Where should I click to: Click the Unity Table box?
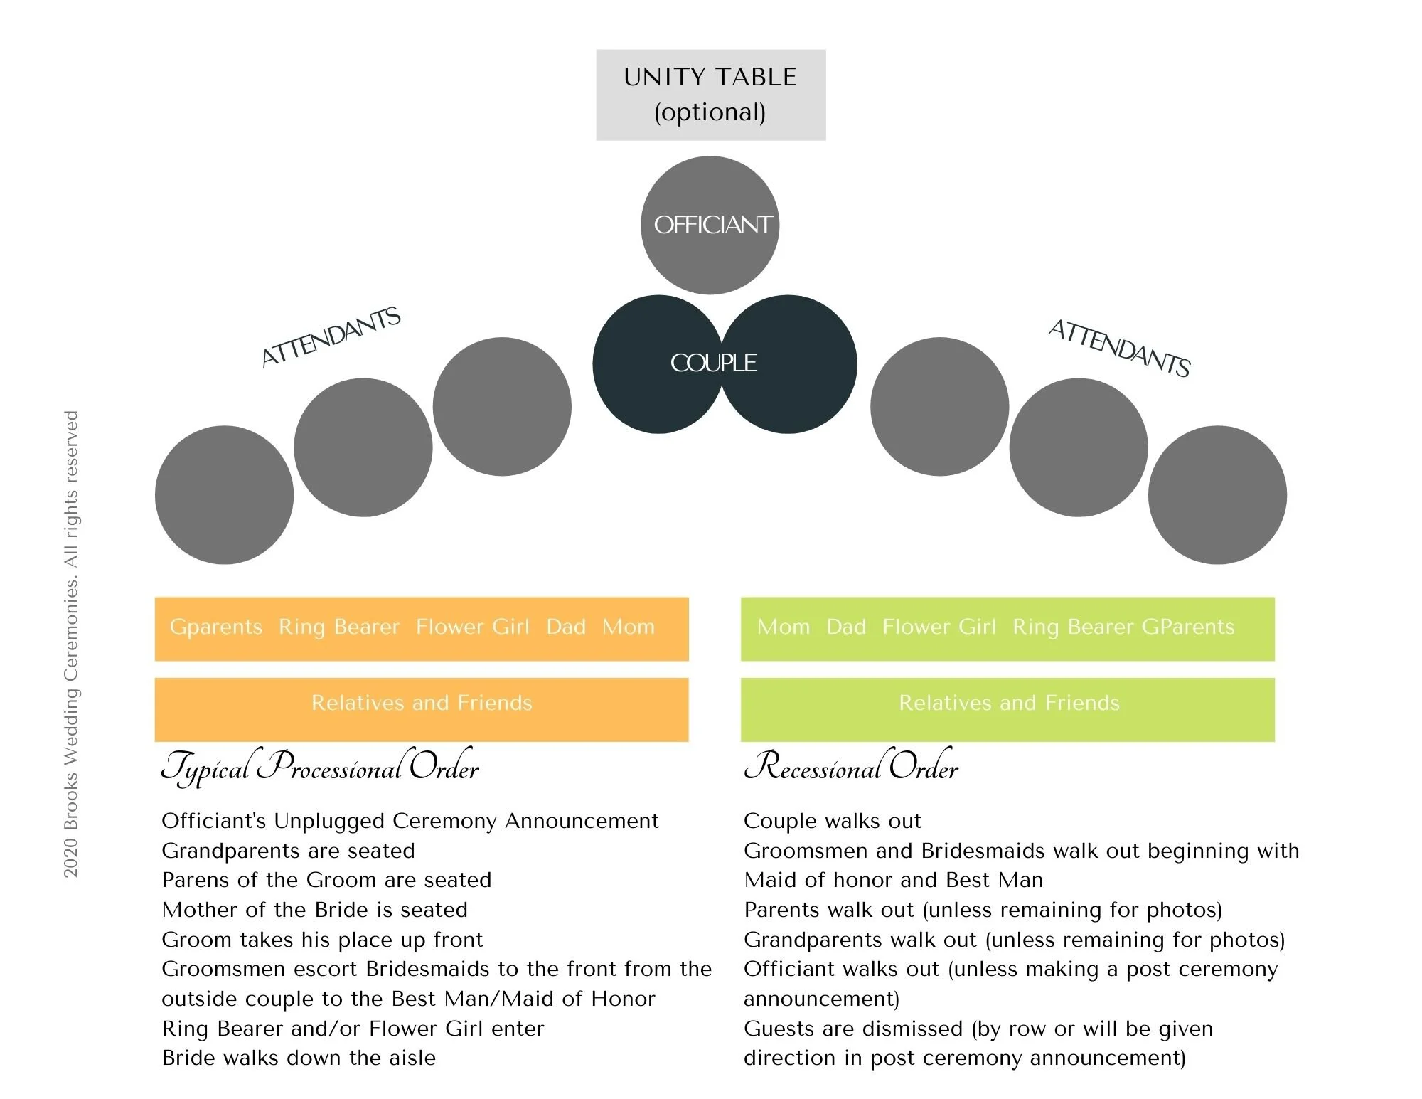710,95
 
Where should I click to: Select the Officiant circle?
710,225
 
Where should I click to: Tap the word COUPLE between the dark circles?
713,363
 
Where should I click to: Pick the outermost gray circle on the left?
224,495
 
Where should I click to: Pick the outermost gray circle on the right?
1217,495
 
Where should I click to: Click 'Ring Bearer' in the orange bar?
338,627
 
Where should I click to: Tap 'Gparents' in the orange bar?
216,627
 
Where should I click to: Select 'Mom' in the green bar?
784,627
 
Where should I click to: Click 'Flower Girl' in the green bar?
939,627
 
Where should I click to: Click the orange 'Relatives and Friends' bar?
422,709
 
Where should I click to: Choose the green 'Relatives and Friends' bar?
1008,709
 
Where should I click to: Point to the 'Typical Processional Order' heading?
320,768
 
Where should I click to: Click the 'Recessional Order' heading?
851,768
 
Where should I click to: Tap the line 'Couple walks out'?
832,821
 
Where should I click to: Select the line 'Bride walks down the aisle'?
299,1058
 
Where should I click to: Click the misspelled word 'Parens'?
196,880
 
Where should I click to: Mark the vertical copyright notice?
71,644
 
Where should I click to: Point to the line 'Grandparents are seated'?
288,851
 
